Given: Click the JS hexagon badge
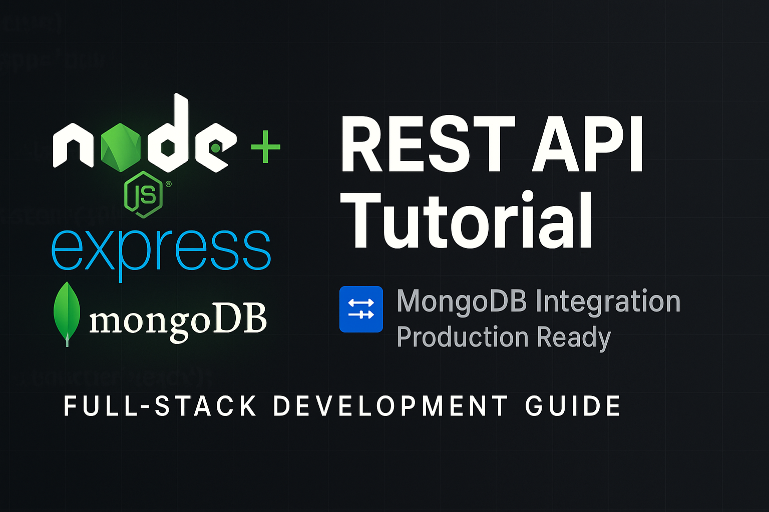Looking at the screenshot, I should pyautogui.click(x=144, y=195).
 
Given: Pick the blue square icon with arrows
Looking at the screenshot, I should pyautogui.click(x=361, y=309).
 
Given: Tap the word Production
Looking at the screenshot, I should pyautogui.click(x=462, y=337).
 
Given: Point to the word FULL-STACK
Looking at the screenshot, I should pyautogui.click(x=160, y=405).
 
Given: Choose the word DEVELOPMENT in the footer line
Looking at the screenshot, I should pyautogui.click(x=391, y=405).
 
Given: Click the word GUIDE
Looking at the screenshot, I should pyautogui.click(x=573, y=405).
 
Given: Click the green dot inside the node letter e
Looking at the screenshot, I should pyautogui.click(x=215, y=148).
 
